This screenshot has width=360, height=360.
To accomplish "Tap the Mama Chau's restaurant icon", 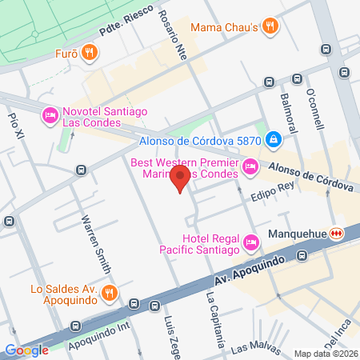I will pos(271,26).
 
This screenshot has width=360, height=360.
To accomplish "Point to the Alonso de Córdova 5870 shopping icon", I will pos(274,140).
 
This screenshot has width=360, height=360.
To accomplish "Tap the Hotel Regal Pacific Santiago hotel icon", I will pos(250,241).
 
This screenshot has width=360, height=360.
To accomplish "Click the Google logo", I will pos(26,350).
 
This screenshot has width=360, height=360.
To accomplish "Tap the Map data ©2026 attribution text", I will pos(324,353).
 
